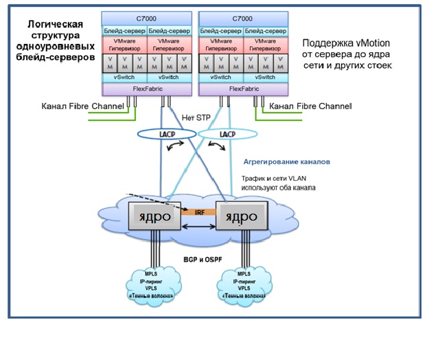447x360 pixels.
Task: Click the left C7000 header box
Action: (x=147, y=20)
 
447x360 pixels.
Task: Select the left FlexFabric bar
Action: (x=147, y=89)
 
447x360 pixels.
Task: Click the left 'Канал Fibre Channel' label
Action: (x=83, y=106)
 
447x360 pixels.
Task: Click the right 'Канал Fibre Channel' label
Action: (x=310, y=106)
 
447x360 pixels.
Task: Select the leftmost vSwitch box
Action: (x=124, y=78)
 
